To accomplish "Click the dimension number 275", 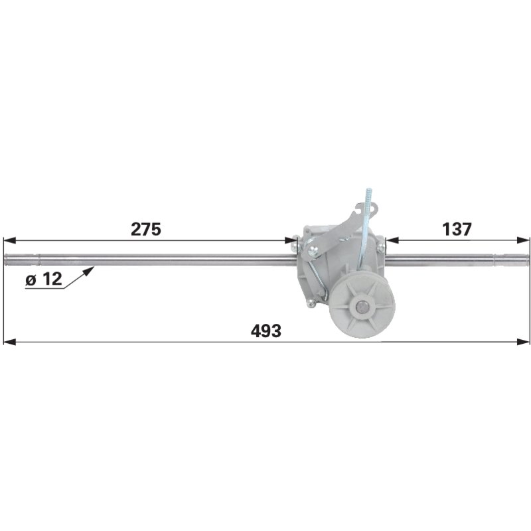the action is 146,229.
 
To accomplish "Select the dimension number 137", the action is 457,229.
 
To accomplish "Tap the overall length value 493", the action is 266,331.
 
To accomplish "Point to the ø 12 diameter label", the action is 44,279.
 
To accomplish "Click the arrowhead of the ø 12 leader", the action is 90,270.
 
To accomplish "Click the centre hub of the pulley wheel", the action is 363,308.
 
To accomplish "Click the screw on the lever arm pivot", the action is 312,251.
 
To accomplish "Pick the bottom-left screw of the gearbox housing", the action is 311,303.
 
